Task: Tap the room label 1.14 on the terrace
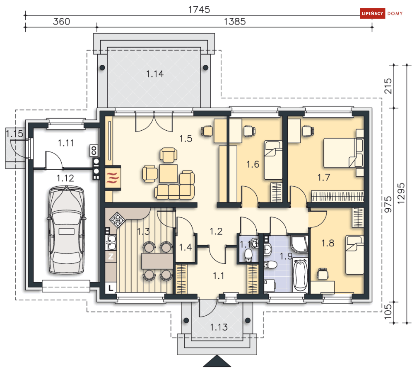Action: (155, 74)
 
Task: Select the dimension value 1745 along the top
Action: (199, 10)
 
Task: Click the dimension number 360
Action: (61, 21)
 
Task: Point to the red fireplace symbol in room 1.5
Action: (113, 178)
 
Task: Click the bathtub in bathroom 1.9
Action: (300, 275)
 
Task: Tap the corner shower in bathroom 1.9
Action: (299, 244)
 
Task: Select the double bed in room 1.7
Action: (343, 153)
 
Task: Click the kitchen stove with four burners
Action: (117, 219)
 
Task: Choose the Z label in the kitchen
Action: (111, 256)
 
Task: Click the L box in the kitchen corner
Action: (111, 288)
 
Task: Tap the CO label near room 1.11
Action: (94, 151)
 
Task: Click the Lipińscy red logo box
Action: (372, 13)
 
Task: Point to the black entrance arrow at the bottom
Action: (217, 361)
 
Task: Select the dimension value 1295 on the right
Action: (401, 193)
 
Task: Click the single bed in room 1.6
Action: (273, 160)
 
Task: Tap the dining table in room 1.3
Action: (157, 261)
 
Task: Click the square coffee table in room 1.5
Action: (169, 173)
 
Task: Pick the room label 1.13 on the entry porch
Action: (219, 327)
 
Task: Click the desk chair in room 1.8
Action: (323, 273)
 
